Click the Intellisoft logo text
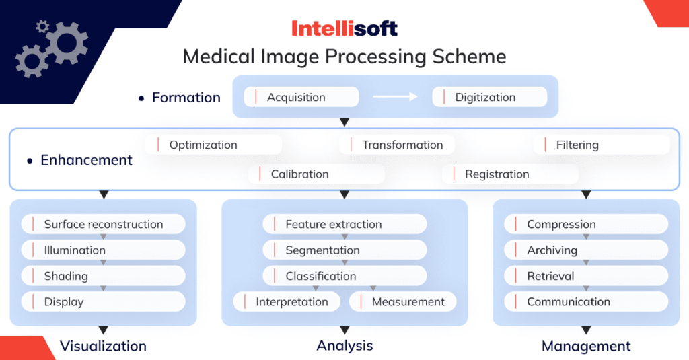tap(344, 28)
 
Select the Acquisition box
tap(300, 97)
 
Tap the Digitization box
tap(488, 97)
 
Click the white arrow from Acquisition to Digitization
tap(395, 97)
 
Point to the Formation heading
tap(186, 98)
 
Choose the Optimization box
tap(213, 145)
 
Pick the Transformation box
tap(397, 145)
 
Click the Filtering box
tap(602, 145)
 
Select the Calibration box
tap(316, 174)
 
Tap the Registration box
tap(510, 174)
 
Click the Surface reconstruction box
tap(103, 225)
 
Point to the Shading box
tap(103, 276)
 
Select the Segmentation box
tap(344, 250)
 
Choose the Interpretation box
tap(288, 302)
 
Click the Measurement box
tap(402, 302)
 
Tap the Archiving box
tap(585, 250)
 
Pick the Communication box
tap(585, 302)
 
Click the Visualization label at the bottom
tap(103, 346)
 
